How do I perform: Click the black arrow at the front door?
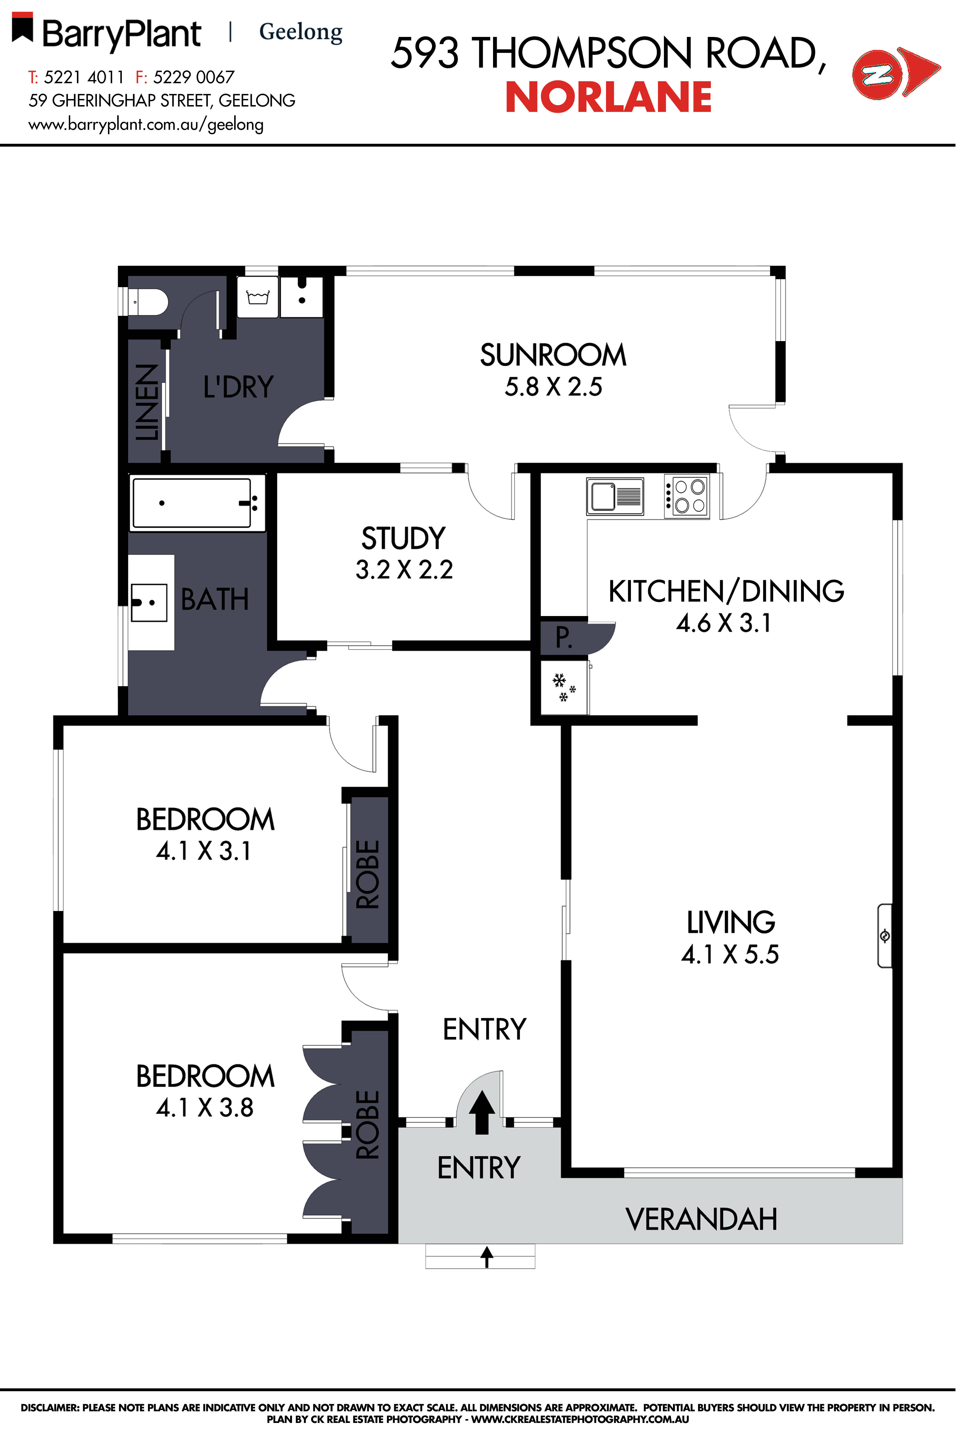(482, 1111)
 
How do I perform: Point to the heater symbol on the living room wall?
(885, 935)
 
